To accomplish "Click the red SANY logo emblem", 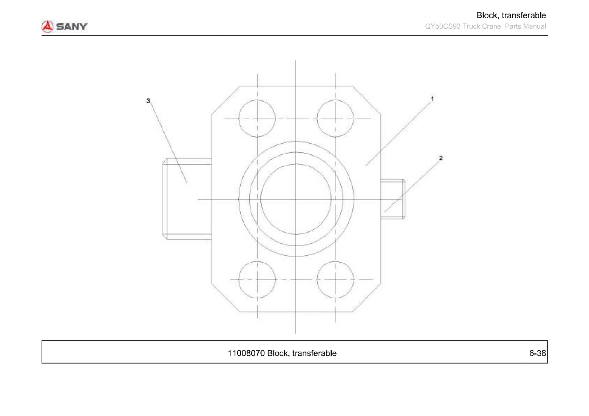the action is (47, 26).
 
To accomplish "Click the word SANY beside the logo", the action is (71, 26).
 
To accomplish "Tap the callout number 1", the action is (432, 99).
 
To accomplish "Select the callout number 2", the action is (441, 158).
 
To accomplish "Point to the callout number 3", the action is (148, 101).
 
